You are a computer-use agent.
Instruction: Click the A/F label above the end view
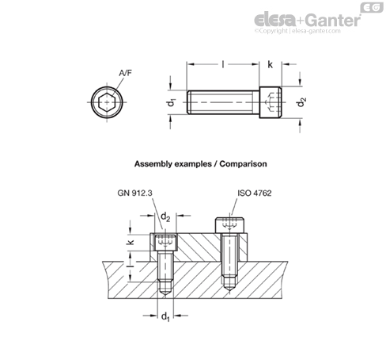point(125,73)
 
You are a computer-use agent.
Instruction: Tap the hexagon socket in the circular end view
point(107,102)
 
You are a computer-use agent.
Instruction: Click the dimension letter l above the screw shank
point(223,64)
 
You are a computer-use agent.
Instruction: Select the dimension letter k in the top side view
point(270,64)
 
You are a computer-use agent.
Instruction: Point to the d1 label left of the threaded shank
point(172,102)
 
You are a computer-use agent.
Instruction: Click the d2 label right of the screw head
point(301,102)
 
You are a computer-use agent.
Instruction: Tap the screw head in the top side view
point(271,102)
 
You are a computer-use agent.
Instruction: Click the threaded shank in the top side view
point(223,102)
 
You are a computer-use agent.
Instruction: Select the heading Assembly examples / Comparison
point(201,164)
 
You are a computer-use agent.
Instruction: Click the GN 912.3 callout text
point(134,193)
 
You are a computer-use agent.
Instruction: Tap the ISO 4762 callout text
point(255,193)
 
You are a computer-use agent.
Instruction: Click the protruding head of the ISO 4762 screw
point(229,225)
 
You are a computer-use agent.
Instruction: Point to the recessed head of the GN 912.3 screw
point(165,242)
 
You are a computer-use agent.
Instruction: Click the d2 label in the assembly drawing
point(165,217)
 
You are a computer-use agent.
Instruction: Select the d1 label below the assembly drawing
point(165,316)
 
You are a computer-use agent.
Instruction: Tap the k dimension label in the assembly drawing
point(131,242)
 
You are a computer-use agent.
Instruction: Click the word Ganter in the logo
point(334,21)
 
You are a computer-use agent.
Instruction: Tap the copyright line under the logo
point(297,31)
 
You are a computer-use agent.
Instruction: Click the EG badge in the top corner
point(372,7)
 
